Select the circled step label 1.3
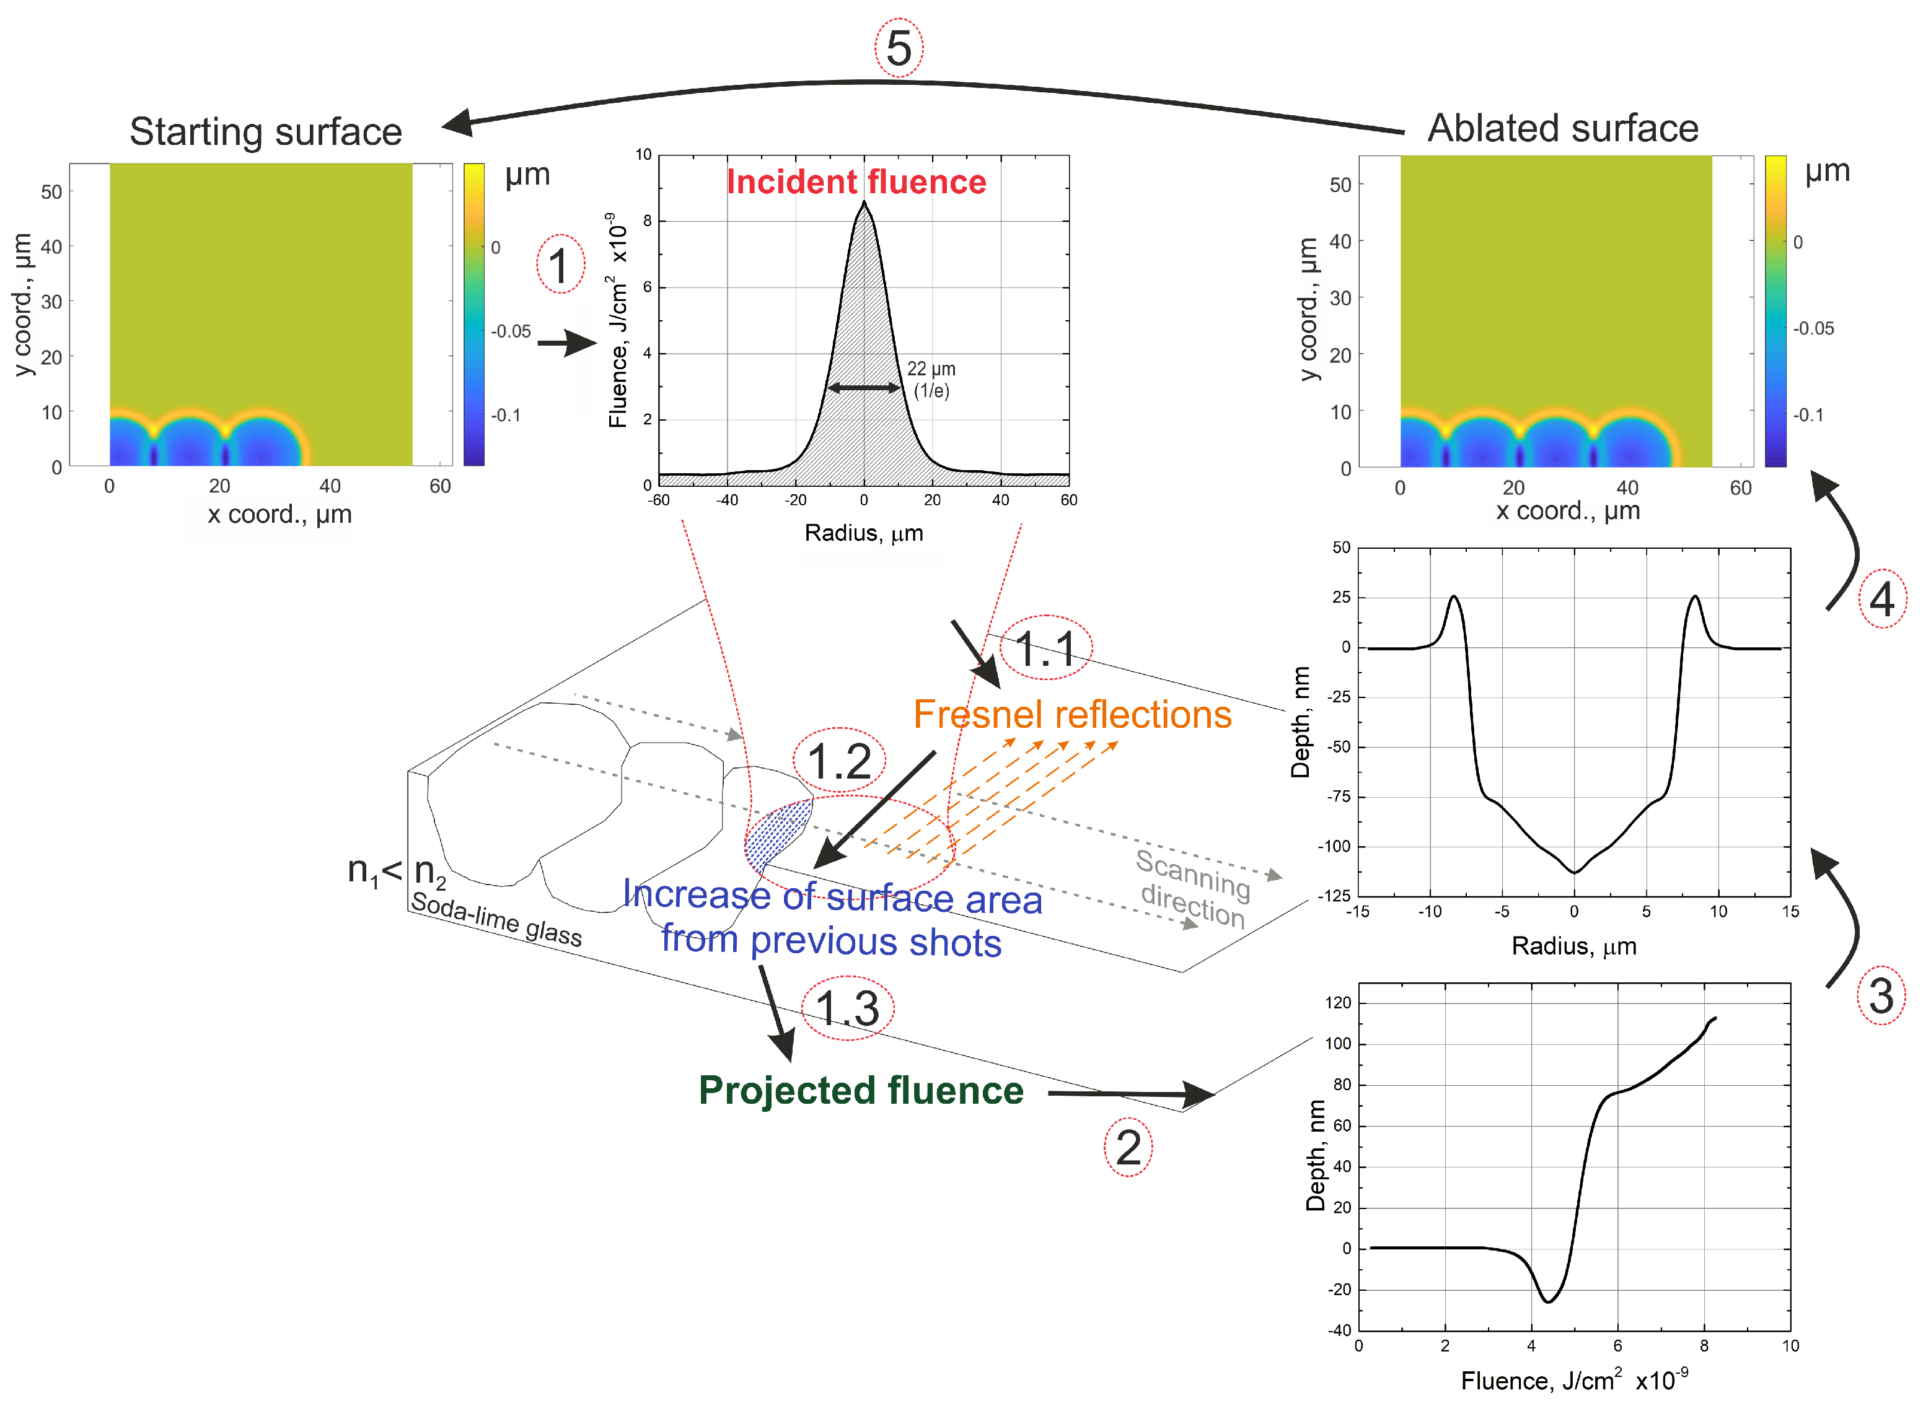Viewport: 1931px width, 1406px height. (x=847, y=1008)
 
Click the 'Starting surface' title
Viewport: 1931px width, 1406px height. (x=266, y=132)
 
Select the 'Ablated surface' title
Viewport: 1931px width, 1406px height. (x=1563, y=128)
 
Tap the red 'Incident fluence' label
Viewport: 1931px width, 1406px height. (x=856, y=182)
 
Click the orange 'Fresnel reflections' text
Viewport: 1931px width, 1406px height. (x=1072, y=715)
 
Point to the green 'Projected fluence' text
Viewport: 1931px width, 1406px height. (x=861, y=1091)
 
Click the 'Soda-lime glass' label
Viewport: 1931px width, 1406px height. (x=496, y=919)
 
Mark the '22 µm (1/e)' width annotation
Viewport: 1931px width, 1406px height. (x=931, y=380)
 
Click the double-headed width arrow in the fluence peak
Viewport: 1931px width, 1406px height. (x=863, y=388)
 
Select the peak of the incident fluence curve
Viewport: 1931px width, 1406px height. (x=864, y=203)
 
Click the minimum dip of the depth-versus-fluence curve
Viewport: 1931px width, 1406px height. (x=1548, y=1301)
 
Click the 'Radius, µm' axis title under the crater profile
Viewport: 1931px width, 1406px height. (x=1573, y=946)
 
